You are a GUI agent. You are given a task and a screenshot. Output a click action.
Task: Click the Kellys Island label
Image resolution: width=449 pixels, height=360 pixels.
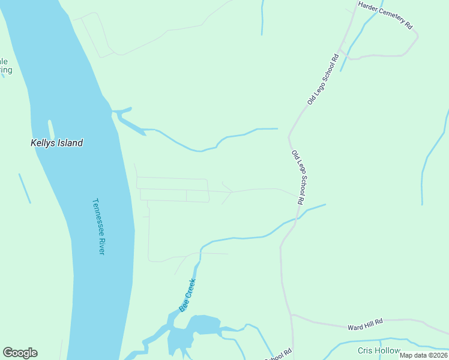[x=56, y=143]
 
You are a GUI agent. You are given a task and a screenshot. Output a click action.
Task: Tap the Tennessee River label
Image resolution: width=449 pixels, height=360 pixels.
[x=98, y=226]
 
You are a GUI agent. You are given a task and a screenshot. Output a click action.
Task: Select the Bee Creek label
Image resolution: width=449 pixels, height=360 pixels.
[x=188, y=295]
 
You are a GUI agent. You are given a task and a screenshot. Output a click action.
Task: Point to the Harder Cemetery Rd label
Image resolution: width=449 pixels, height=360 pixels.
[x=385, y=15]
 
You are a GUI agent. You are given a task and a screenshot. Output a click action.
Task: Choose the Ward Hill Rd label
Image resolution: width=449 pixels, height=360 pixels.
[x=365, y=325]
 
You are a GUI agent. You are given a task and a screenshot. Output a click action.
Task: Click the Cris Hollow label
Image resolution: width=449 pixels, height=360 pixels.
[x=379, y=350]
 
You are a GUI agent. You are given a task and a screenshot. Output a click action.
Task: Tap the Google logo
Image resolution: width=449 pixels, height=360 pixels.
[x=20, y=353]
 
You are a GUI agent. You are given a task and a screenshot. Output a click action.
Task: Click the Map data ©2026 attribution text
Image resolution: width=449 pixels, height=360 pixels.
[x=423, y=355]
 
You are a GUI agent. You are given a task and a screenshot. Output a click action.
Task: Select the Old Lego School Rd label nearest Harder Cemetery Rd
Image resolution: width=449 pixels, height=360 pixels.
[x=323, y=80]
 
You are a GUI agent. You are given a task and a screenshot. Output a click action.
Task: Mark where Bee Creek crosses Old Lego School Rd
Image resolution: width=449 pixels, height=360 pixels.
[x=296, y=219]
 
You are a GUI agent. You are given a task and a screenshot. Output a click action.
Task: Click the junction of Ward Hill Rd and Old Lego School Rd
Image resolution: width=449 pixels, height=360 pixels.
[x=291, y=314]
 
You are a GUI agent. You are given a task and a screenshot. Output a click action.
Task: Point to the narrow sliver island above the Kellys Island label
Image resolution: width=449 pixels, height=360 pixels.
[x=52, y=129]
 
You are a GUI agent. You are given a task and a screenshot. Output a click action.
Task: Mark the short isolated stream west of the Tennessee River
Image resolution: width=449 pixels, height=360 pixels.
[x=25, y=188]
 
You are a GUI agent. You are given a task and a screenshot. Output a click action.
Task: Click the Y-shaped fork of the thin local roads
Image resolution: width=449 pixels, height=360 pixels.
[x=231, y=193]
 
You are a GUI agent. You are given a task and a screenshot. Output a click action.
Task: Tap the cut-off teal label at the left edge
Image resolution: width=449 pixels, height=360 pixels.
[x=5, y=65]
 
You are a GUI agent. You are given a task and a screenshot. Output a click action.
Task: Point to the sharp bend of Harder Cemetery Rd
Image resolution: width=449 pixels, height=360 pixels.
[x=417, y=37]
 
